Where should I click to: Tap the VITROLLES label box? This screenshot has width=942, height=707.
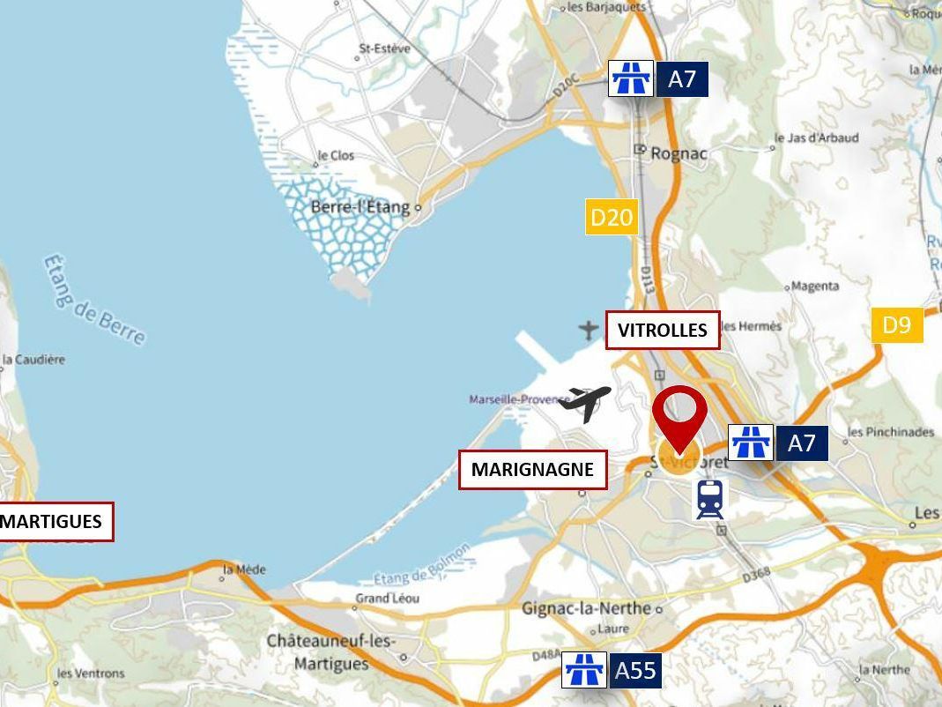pyautogui.click(x=663, y=331)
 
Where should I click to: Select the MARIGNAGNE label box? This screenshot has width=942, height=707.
pyautogui.click(x=532, y=469)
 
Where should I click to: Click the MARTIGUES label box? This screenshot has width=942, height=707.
pyautogui.click(x=54, y=521)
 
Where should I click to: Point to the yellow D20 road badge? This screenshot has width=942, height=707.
pyautogui.click(x=612, y=217)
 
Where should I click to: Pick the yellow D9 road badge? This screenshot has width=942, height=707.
pyautogui.click(x=896, y=325)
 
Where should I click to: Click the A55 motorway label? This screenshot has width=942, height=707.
pyautogui.click(x=635, y=671)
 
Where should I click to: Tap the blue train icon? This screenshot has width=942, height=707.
pyautogui.click(x=709, y=499)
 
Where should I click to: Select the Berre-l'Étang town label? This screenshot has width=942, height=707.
pyautogui.click(x=360, y=207)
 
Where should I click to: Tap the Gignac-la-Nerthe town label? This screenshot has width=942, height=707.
pyautogui.click(x=586, y=608)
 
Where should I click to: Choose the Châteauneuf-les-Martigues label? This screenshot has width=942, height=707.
pyautogui.click(x=331, y=651)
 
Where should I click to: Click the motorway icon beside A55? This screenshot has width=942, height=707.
pyautogui.click(x=584, y=671)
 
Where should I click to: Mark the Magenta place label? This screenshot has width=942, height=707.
pyautogui.click(x=815, y=287)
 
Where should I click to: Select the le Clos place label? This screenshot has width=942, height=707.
pyautogui.click(x=337, y=156)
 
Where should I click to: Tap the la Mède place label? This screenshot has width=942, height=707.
pyautogui.click(x=244, y=569)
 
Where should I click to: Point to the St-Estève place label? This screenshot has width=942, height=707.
pyautogui.click(x=385, y=49)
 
